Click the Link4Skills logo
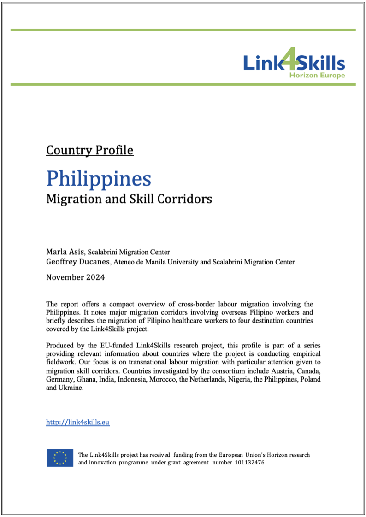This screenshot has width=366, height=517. (294, 63)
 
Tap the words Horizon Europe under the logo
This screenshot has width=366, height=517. (317, 75)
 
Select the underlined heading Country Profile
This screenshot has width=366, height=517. (90, 150)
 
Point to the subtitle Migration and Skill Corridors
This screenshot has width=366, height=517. (129, 199)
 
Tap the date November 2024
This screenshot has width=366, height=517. (75, 277)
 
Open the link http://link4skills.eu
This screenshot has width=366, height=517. (78, 422)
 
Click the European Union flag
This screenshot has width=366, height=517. (60, 458)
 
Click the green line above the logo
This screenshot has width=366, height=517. (183, 30)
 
